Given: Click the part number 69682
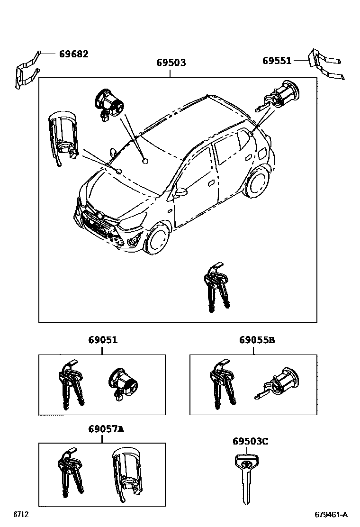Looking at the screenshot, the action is (x=74, y=54).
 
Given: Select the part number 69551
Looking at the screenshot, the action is (x=277, y=61).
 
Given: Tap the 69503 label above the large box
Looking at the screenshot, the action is (x=171, y=63).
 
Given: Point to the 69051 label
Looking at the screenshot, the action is (x=103, y=340).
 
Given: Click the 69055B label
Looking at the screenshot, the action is (x=257, y=340).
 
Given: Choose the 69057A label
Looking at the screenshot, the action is (x=106, y=429).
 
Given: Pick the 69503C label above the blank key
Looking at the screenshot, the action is (x=250, y=441).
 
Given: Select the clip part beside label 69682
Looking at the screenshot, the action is (x=27, y=71).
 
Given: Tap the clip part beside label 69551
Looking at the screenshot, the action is (x=326, y=65).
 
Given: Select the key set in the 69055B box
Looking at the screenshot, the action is (x=223, y=384).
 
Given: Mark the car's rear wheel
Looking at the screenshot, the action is (x=258, y=182).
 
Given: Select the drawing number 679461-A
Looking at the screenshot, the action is (x=331, y=515).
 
